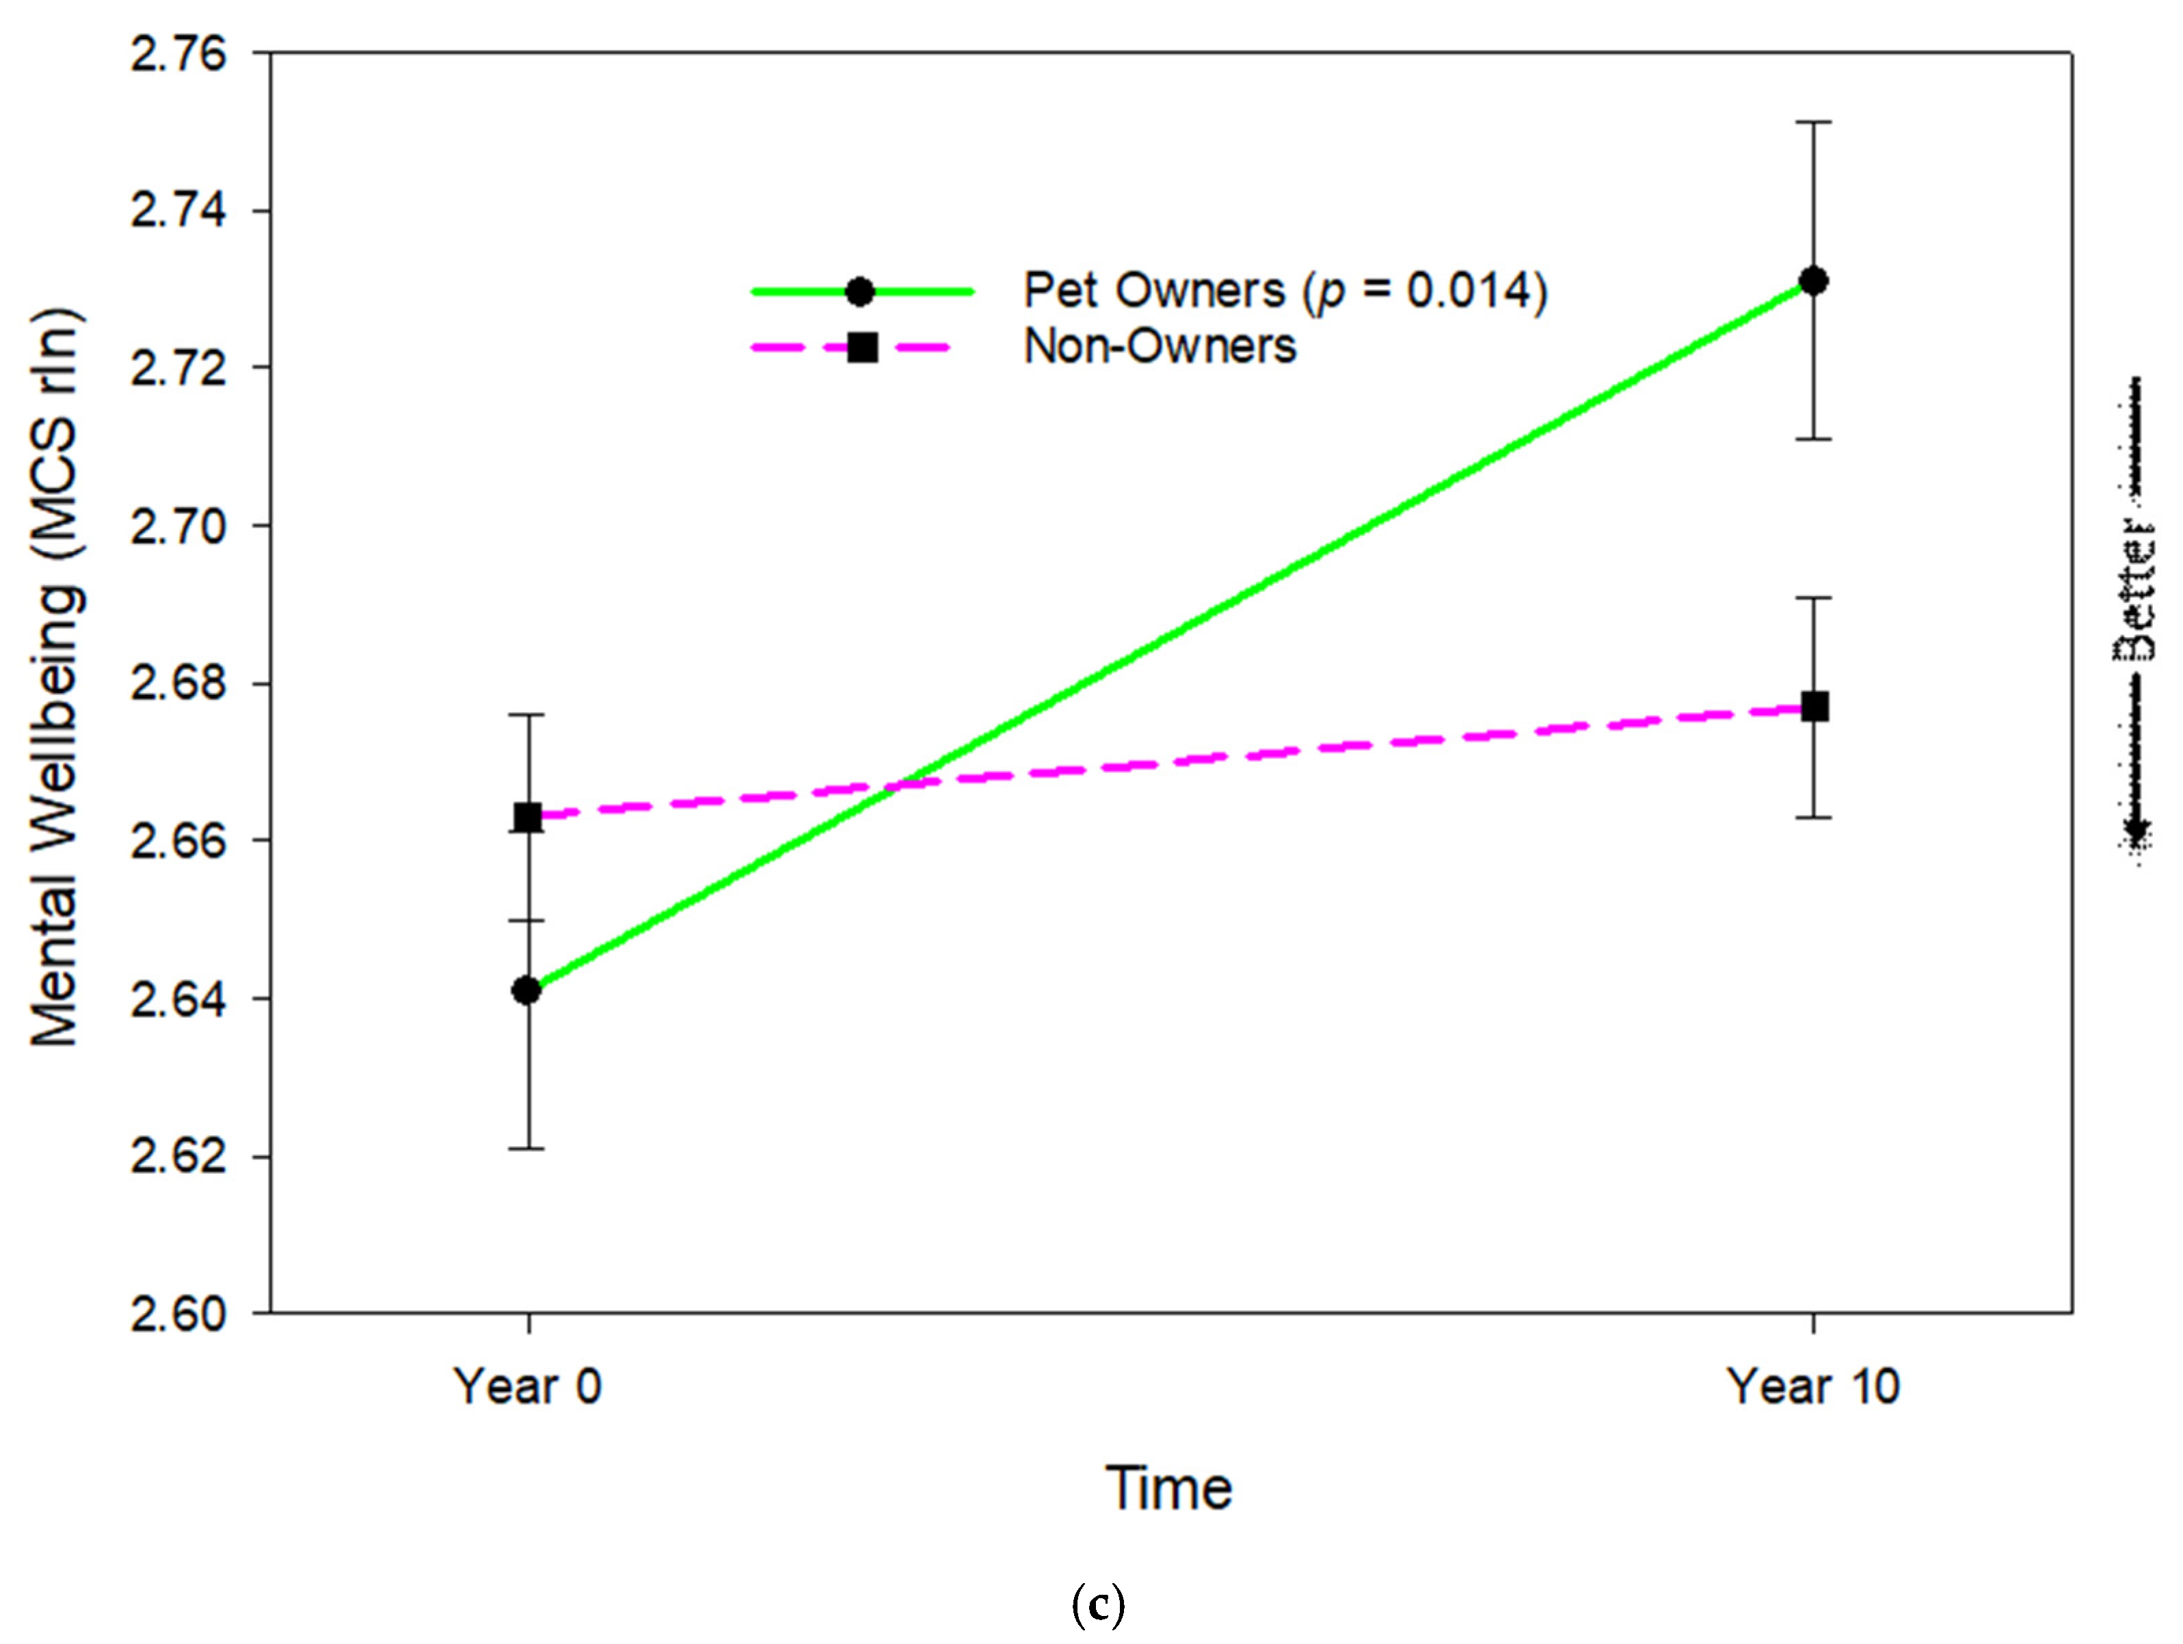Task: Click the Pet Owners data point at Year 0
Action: point(527,990)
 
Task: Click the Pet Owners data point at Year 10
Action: point(1813,281)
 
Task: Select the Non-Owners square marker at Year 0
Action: point(528,817)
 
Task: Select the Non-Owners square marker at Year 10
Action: point(1814,707)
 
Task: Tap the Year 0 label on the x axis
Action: point(527,1386)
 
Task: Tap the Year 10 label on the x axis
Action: point(1813,1386)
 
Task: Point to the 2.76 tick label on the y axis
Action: point(178,53)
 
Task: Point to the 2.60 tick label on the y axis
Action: point(178,1315)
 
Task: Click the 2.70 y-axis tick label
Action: point(178,526)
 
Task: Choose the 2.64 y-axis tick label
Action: point(178,999)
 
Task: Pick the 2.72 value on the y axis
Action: point(178,368)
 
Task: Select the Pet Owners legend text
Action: point(1284,290)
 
